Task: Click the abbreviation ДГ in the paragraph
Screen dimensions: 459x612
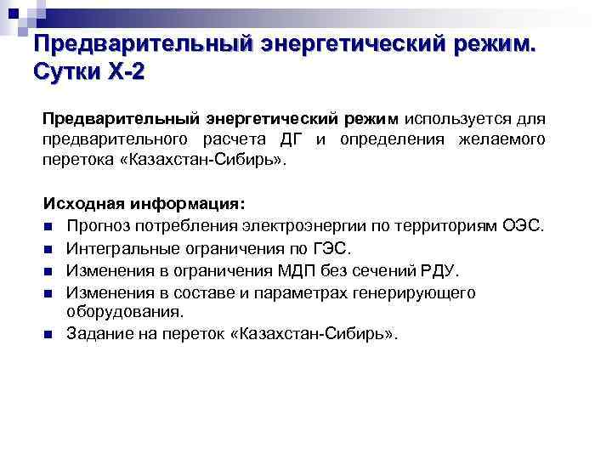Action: [303, 139]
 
